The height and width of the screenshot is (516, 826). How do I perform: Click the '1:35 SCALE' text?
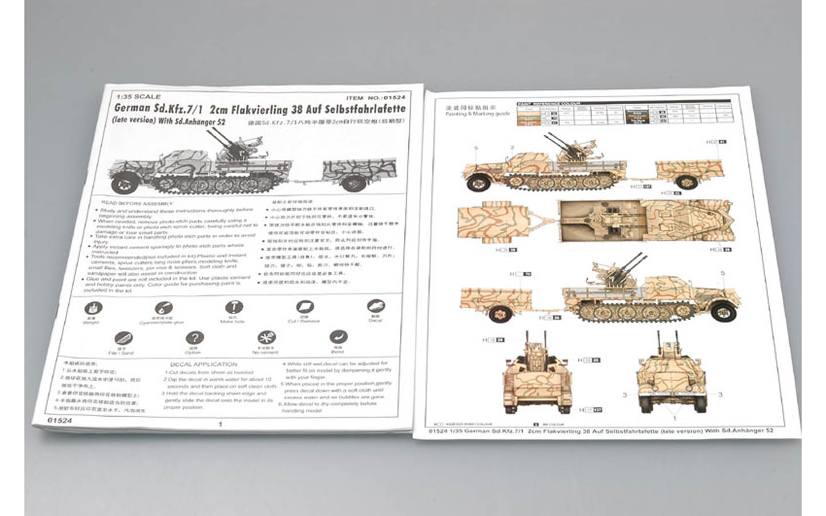pyautogui.click(x=138, y=97)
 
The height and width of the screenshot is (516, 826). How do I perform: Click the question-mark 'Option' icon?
pyautogui.click(x=195, y=338)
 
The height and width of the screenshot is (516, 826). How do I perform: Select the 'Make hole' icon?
pyautogui.click(x=233, y=308)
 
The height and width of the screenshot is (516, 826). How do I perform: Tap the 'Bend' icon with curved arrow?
pyautogui.click(x=338, y=337)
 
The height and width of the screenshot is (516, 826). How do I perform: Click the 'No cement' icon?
pyautogui.click(x=265, y=338)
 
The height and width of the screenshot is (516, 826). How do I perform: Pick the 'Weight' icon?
pyautogui.click(x=92, y=308)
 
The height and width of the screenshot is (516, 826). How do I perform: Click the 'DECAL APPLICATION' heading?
pyautogui.click(x=203, y=365)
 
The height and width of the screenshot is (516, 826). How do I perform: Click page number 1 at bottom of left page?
pyautogui.click(x=221, y=424)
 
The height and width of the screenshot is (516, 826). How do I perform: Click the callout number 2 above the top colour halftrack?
pyautogui.click(x=512, y=148)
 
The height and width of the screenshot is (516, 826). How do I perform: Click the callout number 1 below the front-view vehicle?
pyautogui.click(x=675, y=419)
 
